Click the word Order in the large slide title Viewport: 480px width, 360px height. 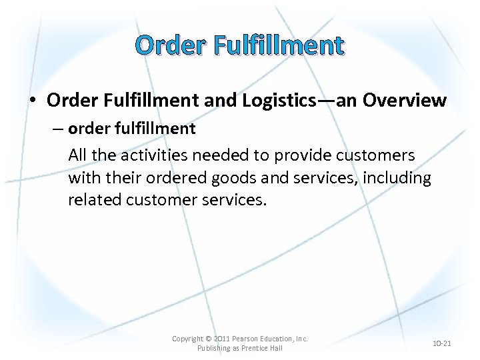[169, 45]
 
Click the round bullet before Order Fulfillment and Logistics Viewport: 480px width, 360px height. [33, 101]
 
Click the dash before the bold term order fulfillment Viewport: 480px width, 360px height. [58, 129]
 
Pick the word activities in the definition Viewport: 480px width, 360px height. [153, 155]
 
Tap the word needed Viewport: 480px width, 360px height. [225, 155]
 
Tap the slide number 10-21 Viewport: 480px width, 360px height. [441, 343]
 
